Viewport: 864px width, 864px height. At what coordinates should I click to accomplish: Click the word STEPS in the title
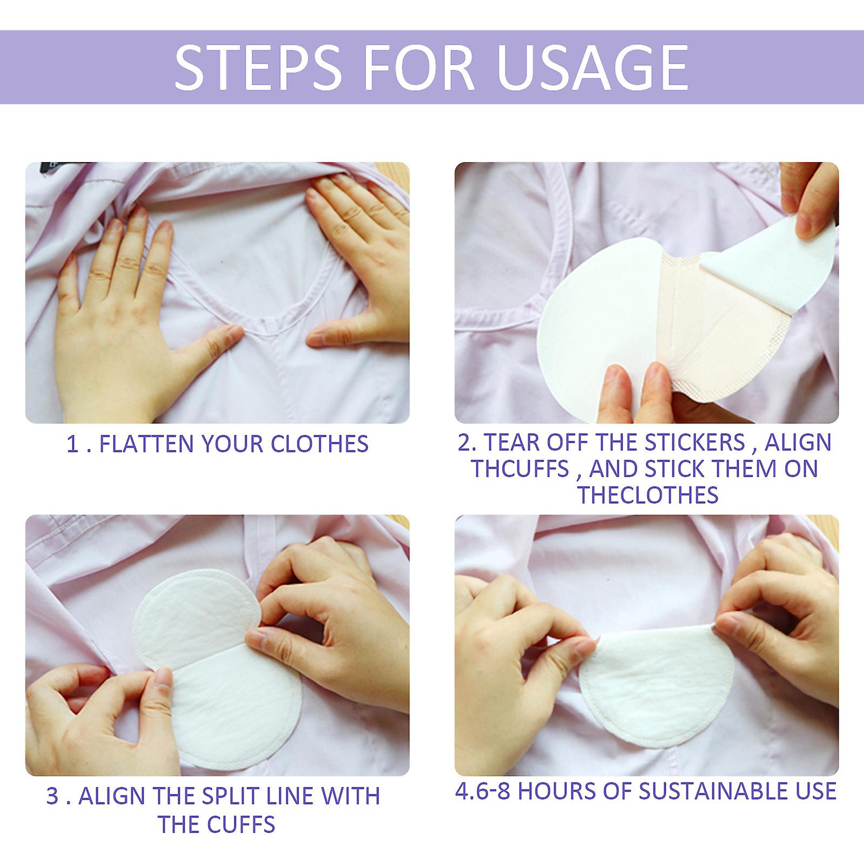[x=255, y=69]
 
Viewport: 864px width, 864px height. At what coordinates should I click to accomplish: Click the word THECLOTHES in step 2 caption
[x=648, y=495]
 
